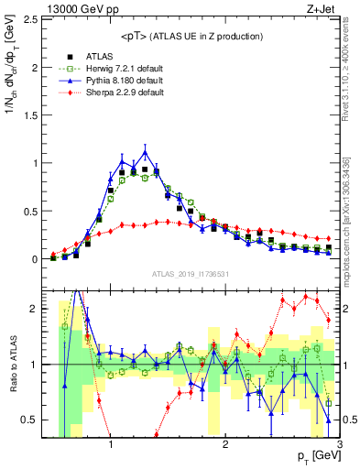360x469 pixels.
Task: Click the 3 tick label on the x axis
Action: point(339,445)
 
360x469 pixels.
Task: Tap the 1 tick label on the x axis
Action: point(111,445)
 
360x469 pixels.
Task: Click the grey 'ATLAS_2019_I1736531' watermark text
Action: point(191,274)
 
